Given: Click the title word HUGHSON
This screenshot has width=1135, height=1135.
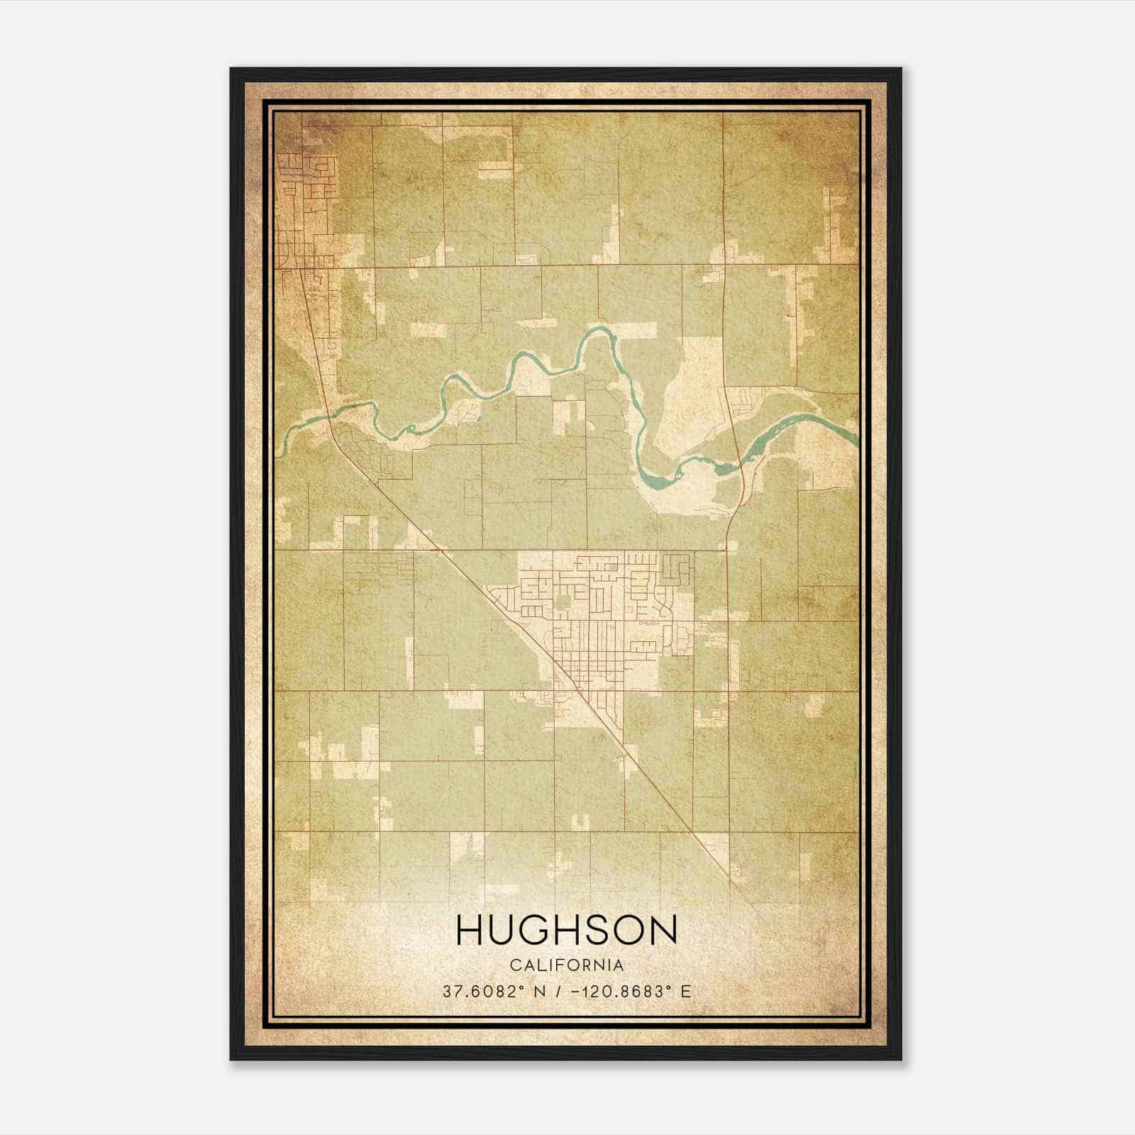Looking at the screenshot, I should (566, 930).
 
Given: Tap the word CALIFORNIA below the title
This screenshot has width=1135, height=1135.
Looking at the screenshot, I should (567, 965).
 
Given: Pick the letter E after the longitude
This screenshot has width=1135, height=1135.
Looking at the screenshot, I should (685, 991).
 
